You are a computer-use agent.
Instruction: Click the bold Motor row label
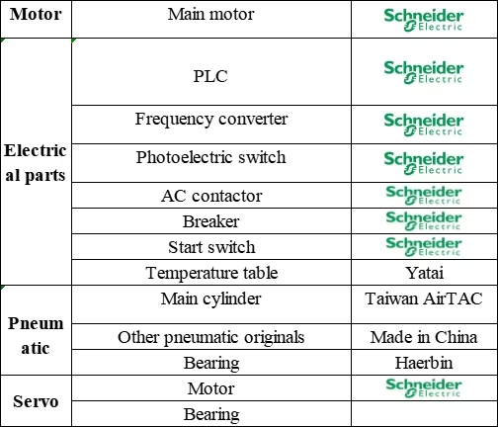click(36, 14)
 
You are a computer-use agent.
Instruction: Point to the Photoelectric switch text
click(210, 157)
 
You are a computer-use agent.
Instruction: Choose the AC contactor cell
click(211, 196)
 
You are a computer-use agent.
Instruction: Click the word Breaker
click(211, 221)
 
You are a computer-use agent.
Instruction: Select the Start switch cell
click(211, 247)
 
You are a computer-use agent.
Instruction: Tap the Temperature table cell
click(211, 273)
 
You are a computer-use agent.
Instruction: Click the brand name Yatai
click(424, 273)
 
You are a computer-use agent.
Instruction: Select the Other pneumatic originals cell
click(211, 338)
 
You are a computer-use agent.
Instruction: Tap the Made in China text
click(424, 337)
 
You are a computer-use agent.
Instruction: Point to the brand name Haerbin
click(424, 363)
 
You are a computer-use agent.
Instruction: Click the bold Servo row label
click(36, 401)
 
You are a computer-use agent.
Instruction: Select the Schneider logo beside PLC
click(424, 72)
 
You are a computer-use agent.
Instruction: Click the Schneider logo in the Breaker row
click(424, 220)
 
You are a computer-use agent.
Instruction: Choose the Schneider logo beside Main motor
click(424, 20)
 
